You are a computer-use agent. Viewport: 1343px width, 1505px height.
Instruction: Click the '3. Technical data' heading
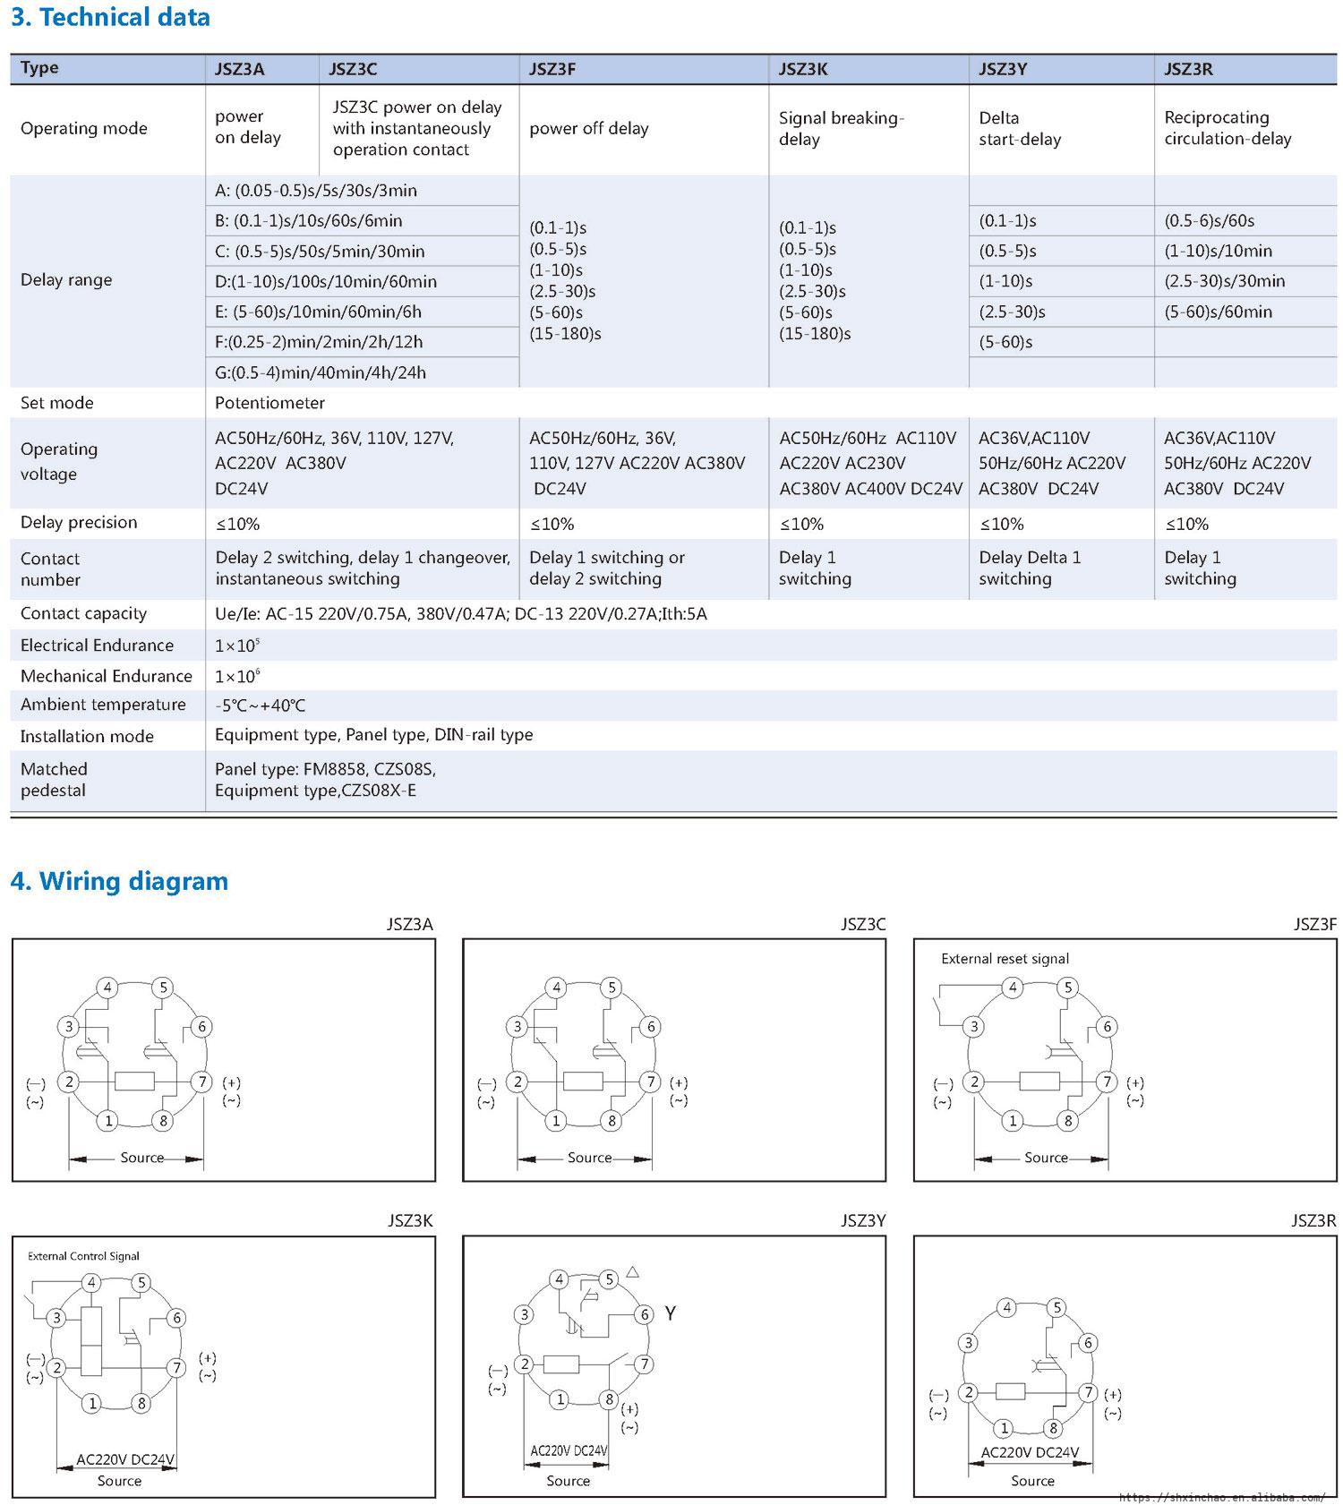pos(110,17)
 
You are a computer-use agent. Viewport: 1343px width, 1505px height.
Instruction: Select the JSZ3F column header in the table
pos(552,69)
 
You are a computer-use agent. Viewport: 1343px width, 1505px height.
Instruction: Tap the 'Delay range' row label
pos(66,280)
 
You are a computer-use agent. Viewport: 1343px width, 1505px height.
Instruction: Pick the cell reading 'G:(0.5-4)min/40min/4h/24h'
pos(321,372)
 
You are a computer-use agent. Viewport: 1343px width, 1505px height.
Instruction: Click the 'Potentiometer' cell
pos(269,403)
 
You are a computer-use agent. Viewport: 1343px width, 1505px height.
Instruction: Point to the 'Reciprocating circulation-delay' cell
pos(1228,128)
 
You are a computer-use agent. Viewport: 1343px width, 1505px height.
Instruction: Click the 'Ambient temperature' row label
pos(103,705)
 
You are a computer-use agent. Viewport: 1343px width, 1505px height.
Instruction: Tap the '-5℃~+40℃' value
pos(260,705)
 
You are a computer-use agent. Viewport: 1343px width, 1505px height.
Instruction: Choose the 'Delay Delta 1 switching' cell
pos(1030,568)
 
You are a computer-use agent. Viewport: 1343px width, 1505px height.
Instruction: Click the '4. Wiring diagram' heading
pos(119,881)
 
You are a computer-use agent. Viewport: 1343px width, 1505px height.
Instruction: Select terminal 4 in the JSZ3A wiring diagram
pos(107,988)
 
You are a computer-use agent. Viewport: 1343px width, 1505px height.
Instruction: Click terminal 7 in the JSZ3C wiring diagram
pos(651,1082)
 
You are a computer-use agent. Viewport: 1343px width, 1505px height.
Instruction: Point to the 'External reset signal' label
pos(1005,959)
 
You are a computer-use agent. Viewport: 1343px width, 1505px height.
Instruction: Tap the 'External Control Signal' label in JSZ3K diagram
pos(83,1256)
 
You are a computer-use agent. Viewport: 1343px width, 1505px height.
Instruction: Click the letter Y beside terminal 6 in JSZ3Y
pos(670,1313)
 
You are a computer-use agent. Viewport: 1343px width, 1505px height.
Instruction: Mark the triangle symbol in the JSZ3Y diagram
pos(632,1271)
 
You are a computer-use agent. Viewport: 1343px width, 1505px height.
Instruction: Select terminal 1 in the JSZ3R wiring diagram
pos(1005,1429)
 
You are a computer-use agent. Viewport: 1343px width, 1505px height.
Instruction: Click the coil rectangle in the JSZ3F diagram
pos(1039,1082)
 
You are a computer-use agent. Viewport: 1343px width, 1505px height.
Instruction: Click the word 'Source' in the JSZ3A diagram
pos(141,1158)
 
